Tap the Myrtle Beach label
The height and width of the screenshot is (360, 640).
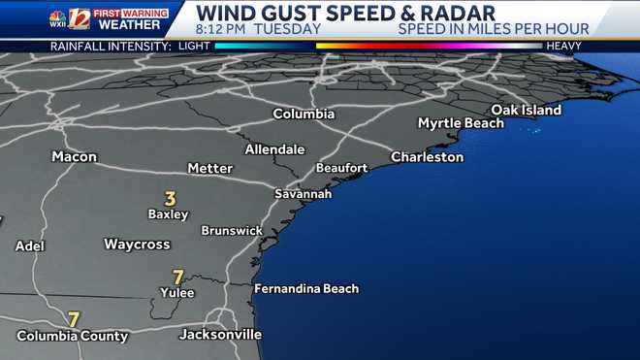click(x=461, y=123)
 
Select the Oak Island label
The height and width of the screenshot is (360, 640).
click(x=527, y=110)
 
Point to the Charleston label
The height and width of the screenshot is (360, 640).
click(x=427, y=156)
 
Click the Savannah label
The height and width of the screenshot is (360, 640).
click(x=303, y=194)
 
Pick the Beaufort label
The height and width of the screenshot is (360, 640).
click(x=341, y=168)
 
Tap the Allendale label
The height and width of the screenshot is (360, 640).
click(x=274, y=149)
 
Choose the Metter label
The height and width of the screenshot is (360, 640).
click(x=209, y=168)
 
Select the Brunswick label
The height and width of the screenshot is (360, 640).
click(x=232, y=230)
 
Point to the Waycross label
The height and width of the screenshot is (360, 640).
click(x=137, y=244)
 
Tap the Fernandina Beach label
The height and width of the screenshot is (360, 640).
click(x=305, y=288)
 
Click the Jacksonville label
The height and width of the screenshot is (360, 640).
click(x=220, y=334)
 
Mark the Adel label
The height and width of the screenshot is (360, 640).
click(x=30, y=245)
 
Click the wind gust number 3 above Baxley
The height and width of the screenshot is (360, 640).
click(x=170, y=198)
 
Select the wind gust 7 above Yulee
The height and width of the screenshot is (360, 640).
click(x=177, y=277)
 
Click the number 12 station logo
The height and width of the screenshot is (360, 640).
click(x=79, y=18)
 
